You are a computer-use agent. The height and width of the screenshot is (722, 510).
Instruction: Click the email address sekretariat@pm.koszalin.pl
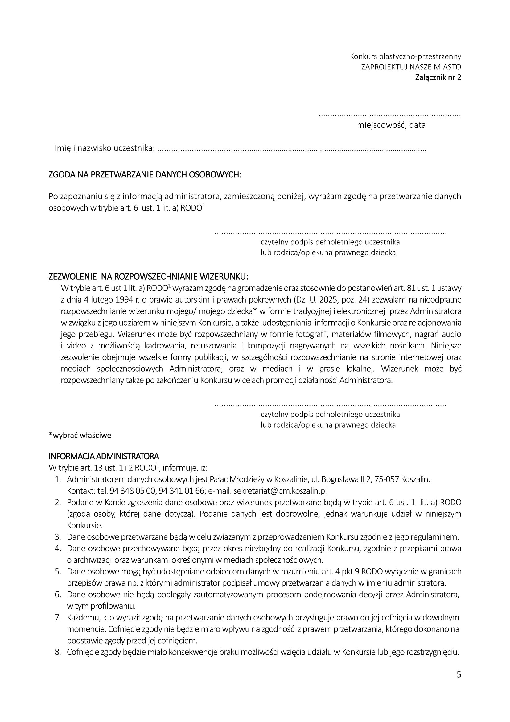[280, 491]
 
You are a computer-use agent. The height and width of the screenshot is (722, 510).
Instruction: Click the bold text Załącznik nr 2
[438, 77]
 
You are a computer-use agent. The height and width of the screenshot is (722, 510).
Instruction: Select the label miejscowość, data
[391, 125]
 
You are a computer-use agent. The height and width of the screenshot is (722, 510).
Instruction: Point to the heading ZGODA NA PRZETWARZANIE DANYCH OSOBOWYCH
[145, 175]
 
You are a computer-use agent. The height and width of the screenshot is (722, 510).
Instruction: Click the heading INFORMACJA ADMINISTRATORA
[104, 456]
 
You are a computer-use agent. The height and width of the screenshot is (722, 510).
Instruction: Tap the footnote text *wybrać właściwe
[80, 436]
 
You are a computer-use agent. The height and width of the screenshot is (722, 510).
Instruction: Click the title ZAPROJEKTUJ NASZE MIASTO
[411, 67]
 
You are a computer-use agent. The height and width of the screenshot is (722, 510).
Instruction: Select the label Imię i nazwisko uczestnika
[105, 148]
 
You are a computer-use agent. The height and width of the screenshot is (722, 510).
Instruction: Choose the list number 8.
[57, 652]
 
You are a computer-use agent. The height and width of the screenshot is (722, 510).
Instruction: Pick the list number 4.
[57, 549]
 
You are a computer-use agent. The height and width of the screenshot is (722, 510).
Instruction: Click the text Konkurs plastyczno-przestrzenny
[405, 56]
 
